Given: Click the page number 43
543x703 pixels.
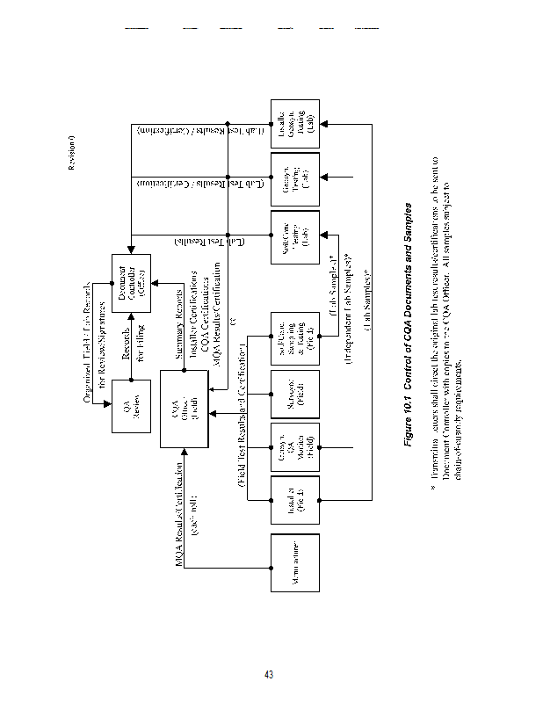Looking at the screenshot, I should [x=270, y=675].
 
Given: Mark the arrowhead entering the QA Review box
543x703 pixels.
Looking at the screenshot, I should [x=108, y=401].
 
